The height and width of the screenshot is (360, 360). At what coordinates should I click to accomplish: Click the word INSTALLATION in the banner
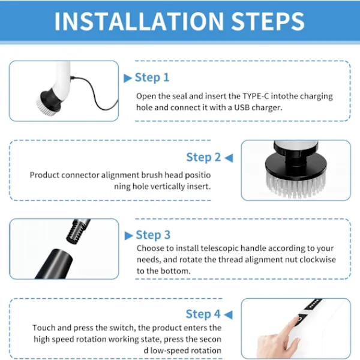(x=139, y=21)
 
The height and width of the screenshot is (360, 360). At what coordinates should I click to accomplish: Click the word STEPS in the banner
(x=268, y=21)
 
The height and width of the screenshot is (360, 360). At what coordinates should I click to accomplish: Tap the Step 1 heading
(x=152, y=77)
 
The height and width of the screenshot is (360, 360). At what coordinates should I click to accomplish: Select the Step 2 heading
(x=203, y=157)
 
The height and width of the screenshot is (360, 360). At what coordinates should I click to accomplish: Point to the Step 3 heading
(x=153, y=235)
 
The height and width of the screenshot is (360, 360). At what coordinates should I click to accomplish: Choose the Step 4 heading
(x=203, y=314)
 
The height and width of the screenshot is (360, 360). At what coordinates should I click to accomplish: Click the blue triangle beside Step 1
(x=128, y=78)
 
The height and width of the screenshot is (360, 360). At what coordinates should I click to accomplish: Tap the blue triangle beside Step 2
(x=229, y=158)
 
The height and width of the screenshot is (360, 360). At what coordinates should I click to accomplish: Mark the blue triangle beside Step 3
(x=128, y=236)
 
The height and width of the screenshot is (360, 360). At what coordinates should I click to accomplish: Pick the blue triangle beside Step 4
(x=228, y=314)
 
